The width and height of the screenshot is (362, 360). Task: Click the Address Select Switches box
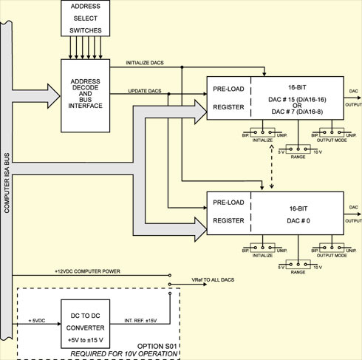point(86,18)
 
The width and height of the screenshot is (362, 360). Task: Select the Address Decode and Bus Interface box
point(86,95)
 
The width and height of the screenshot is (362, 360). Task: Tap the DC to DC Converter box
point(86,324)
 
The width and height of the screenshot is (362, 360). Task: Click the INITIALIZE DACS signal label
point(145,63)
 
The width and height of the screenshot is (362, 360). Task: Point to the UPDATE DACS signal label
point(145,91)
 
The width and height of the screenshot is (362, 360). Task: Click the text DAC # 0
point(298,220)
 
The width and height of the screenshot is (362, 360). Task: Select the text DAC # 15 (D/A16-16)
point(297,100)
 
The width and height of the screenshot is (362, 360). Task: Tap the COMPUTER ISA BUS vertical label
point(7,183)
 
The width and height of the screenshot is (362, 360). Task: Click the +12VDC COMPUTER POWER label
point(87,271)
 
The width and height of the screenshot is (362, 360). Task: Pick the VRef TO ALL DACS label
point(213,280)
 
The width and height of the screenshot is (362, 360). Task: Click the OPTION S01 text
point(157,346)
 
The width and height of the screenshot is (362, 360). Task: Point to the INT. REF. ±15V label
point(140,321)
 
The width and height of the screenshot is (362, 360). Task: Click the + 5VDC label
point(37,321)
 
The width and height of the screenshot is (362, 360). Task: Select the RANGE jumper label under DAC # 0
point(298,272)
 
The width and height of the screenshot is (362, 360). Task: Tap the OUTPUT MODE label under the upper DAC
point(332,140)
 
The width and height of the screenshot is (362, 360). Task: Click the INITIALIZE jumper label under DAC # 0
point(262,256)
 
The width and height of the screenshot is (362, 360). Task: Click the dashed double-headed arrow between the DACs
point(272,166)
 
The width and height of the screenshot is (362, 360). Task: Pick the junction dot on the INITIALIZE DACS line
point(182,67)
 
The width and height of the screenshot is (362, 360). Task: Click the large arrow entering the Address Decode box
point(35,96)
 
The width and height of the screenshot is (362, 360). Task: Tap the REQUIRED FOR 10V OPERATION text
point(124,354)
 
